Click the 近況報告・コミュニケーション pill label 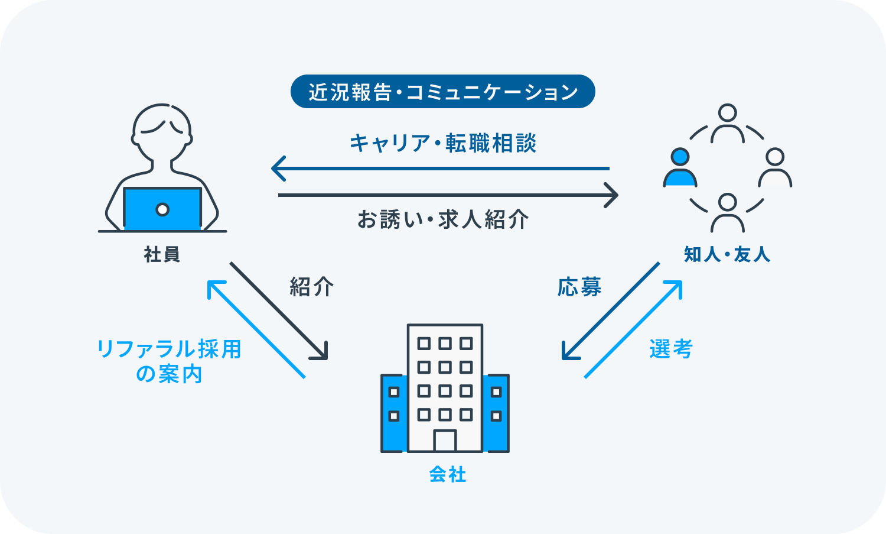(x=442, y=92)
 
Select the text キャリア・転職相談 (x=442, y=144)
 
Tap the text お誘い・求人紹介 (x=442, y=219)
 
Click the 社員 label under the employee (x=162, y=254)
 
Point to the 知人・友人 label (x=727, y=254)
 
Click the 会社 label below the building (x=447, y=474)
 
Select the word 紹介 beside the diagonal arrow (x=311, y=287)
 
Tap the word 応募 (x=579, y=287)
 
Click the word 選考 (x=670, y=349)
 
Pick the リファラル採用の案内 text (x=169, y=361)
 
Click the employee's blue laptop (x=162, y=209)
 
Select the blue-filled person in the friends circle (x=680, y=169)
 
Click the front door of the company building (x=445, y=441)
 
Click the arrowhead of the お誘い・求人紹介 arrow (x=613, y=195)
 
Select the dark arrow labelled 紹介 (x=278, y=310)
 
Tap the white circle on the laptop (x=162, y=209)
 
